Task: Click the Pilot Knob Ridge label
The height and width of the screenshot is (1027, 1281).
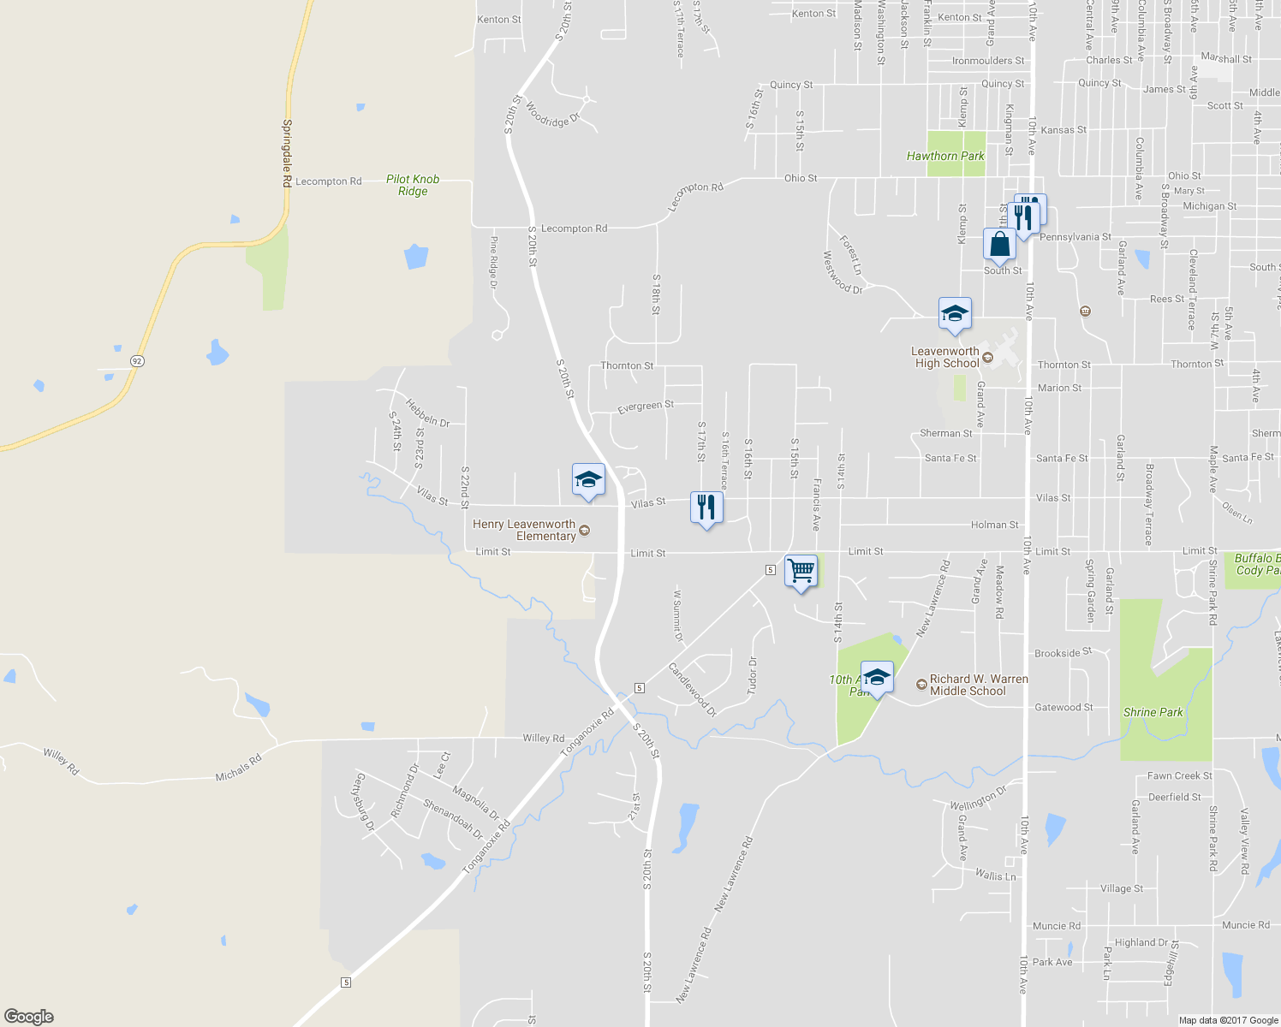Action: [x=413, y=185]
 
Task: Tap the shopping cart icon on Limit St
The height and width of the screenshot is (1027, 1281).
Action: [x=801, y=570]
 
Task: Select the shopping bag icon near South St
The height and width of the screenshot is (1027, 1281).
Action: [x=999, y=245]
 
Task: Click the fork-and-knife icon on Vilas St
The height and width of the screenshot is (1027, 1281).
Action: [x=706, y=508]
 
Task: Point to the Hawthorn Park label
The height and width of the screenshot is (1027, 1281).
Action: [x=945, y=156]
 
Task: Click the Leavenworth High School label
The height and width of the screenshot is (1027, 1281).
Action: [x=945, y=357]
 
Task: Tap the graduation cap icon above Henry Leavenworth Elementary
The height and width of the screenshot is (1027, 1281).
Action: [x=588, y=480]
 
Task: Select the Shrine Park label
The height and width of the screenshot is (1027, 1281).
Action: [x=1153, y=712]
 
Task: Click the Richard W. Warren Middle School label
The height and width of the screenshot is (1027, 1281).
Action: [x=978, y=685]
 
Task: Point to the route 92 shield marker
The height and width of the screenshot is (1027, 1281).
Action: [x=137, y=361]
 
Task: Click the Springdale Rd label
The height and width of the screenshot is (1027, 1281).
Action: [x=287, y=153]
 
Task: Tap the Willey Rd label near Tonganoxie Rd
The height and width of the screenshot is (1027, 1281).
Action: [x=544, y=738]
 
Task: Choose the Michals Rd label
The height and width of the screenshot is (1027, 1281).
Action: [x=238, y=768]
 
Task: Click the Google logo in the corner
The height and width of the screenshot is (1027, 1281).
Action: [x=29, y=1017]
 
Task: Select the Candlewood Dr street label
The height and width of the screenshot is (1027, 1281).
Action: [x=692, y=689]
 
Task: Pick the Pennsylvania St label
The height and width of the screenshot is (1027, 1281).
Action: [x=1075, y=237]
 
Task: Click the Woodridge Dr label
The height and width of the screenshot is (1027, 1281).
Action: [x=552, y=116]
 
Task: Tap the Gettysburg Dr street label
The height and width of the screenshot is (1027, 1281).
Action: [x=365, y=802]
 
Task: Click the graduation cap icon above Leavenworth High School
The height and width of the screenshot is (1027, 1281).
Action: [x=954, y=314]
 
